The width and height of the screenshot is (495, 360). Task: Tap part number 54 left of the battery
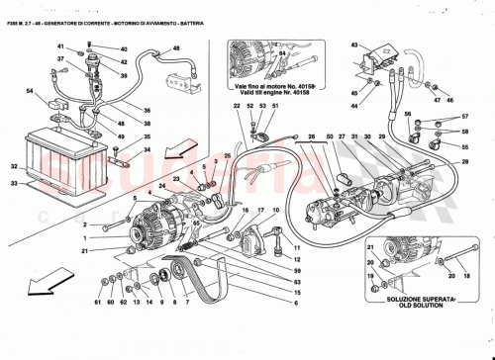(x=30, y=91)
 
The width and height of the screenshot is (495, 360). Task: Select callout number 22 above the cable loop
(x=237, y=106)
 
